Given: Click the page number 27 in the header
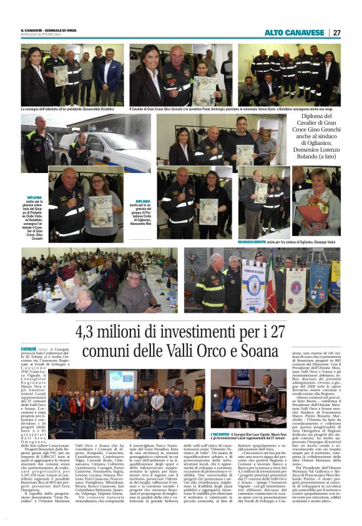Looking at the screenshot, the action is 336,32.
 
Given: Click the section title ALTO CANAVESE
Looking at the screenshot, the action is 294,32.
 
